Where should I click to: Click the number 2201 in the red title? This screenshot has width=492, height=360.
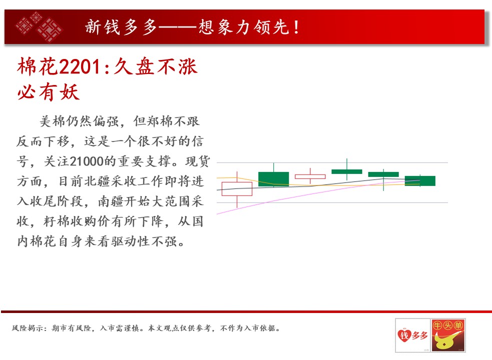80,67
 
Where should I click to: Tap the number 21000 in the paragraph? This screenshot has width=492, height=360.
86,161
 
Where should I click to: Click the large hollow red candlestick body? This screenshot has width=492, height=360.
237,189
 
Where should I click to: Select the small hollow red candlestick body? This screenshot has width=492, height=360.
310,176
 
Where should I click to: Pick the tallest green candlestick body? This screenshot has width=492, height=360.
274,179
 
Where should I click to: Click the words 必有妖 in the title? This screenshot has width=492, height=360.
49,92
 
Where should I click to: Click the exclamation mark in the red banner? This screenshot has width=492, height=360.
296,27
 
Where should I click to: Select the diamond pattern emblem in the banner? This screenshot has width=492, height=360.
39,26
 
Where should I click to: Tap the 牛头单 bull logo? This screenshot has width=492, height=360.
448,335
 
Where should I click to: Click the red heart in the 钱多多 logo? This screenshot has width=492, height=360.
404,335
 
